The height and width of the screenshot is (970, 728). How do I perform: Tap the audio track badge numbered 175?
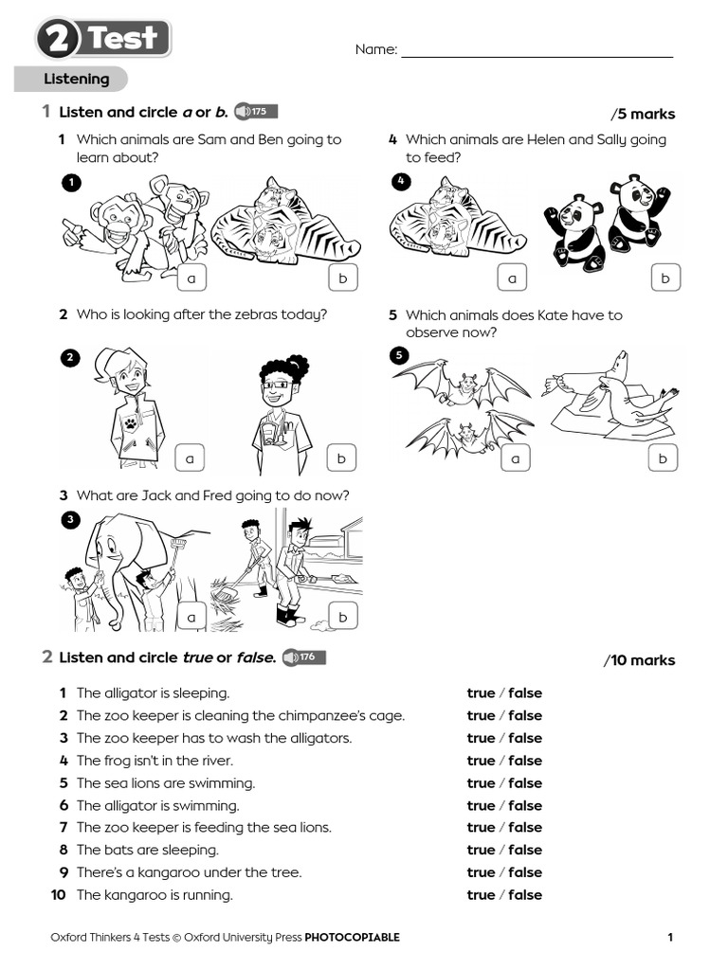(255, 112)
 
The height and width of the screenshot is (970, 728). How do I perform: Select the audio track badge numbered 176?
(304, 656)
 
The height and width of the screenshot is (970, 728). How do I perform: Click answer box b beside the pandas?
(665, 278)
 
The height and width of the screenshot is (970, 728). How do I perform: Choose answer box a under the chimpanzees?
(191, 278)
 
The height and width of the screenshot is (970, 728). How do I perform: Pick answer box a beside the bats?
(516, 458)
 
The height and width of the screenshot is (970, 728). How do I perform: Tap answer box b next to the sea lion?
(664, 458)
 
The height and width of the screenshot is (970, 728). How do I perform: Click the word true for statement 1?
(481, 693)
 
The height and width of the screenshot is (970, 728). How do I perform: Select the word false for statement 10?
(525, 895)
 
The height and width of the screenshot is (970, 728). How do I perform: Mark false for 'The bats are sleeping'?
(525, 851)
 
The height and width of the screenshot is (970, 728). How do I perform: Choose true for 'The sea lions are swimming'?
(481, 783)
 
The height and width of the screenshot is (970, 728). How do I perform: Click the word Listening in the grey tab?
(76, 80)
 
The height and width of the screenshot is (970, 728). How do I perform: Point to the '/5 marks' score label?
(644, 115)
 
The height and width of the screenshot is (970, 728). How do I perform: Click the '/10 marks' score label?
(640, 661)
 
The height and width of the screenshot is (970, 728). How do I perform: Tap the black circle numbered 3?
(70, 519)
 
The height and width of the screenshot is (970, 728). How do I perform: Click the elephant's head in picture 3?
(114, 549)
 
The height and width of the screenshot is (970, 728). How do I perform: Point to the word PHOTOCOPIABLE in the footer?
(352, 938)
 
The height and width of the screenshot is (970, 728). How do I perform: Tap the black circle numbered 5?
(400, 356)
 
